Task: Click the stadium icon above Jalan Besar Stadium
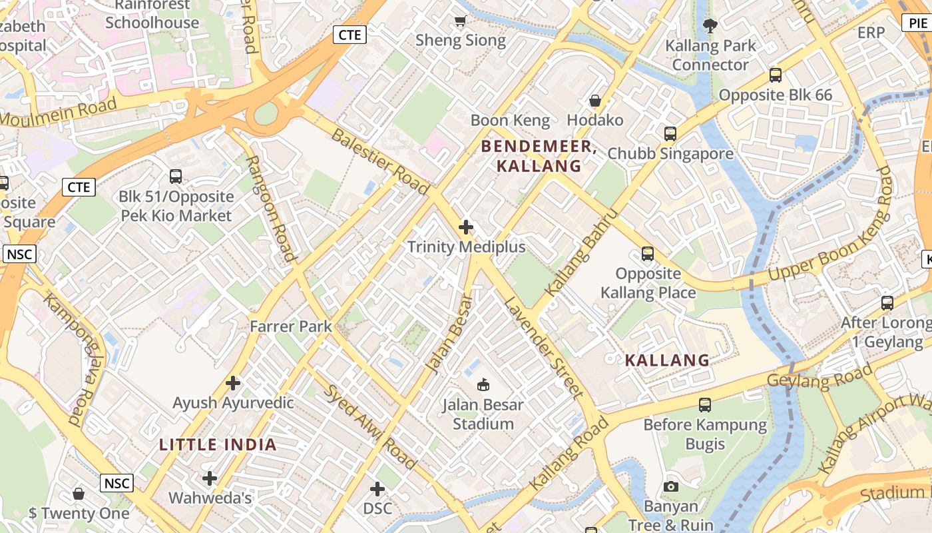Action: coord(483,384)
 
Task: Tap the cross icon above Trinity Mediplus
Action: coord(466,228)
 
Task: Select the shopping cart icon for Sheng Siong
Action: coord(460,21)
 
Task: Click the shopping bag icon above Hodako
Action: coord(595,101)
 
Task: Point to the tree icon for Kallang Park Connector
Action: coord(710,26)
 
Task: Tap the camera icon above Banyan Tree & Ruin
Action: coord(671,486)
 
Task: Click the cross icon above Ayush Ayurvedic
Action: coord(233,383)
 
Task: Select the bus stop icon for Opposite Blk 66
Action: coord(776,75)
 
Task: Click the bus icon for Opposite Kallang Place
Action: coord(648,254)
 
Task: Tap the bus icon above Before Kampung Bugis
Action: coord(705,404)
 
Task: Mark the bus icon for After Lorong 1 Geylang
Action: coord(887,303)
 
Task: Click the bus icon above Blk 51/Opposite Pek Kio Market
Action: coord(176,177)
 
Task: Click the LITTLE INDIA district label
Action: coord(218,445)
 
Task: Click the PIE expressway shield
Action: coord(917,23)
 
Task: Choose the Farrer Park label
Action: coord(291,326)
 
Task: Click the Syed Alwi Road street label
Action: coord(370,426)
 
